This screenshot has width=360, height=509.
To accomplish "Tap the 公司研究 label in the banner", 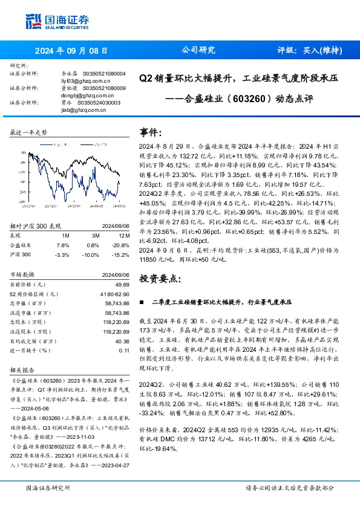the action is pos(198,51).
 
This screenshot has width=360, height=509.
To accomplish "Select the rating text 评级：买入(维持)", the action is pos(308,51).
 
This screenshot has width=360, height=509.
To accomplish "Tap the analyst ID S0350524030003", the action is pos(100,103).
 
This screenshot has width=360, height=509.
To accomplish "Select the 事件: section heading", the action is pos(151,132).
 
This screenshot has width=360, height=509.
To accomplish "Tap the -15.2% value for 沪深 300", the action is pos(120,254).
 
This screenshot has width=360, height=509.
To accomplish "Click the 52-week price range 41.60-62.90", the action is pos(114,293).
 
